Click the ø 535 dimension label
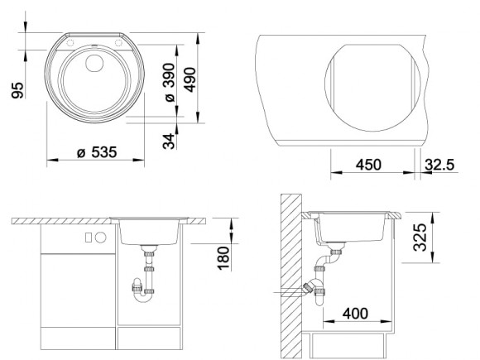pyautogui.click(x=97, y=152)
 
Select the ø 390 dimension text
pyautogui.click(x=170, y=83)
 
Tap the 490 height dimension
pyautogui.click(x=190, y=79)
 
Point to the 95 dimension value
pyautogui.click(x=17, y=90)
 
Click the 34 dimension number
pyautogui.click(x=169, y=142)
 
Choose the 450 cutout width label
pyautogui.click(x=368, y=165)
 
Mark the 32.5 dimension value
pyautogui.click(x=439, y=165)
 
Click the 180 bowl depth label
pyautogui.click(x=223, y=258)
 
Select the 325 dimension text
pyautogui.click(x=420, y=238)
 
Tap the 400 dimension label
pyautogui.click(x=355, y=314)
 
